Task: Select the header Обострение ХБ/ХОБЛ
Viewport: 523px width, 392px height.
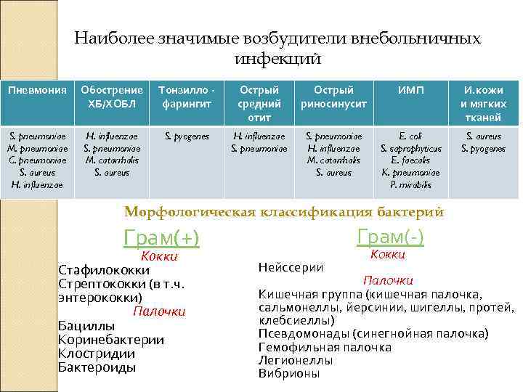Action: coord(112,97)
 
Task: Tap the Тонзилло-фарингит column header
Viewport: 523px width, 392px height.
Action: coord(187,97)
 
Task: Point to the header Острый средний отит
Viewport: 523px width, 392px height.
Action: coord(259,103)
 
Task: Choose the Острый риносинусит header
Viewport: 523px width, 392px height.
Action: coord(333,97)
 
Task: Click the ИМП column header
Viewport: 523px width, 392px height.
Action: coord(410,90)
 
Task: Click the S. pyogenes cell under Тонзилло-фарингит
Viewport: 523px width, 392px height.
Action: coord(187,136)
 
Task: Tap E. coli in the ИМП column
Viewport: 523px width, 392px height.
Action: coord(410,136)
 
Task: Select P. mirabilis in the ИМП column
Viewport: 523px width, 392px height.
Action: coord(410,185)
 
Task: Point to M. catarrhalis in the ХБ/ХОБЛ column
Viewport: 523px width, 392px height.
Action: coord(112,160)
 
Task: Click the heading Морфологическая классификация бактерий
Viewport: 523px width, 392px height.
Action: coord(284,212)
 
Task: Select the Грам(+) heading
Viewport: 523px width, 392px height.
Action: coord(162,238)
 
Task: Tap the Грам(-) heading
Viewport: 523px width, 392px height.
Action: coord(390,237)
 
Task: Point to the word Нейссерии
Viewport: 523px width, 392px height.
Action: coord(291,267)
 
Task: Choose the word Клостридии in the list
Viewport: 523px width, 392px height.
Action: coord(96,354)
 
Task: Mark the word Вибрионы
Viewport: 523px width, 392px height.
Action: coord(288,373)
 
